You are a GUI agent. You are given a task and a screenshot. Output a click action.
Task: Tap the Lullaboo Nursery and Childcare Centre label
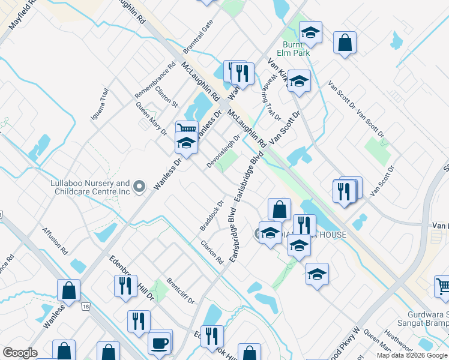tap(90, 187)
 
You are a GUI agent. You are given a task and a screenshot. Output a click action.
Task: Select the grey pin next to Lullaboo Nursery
tap(139, 187)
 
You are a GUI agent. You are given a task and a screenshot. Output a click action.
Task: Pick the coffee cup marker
tap(159, 343)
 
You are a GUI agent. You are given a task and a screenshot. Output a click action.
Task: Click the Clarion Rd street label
tap(212, 253)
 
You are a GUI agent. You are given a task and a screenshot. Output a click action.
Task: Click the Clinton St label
tap(166, 96)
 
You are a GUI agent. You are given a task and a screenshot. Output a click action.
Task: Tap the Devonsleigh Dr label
tap(224, 146)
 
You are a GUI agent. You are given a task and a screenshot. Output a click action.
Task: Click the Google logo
tap(20, 353)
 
